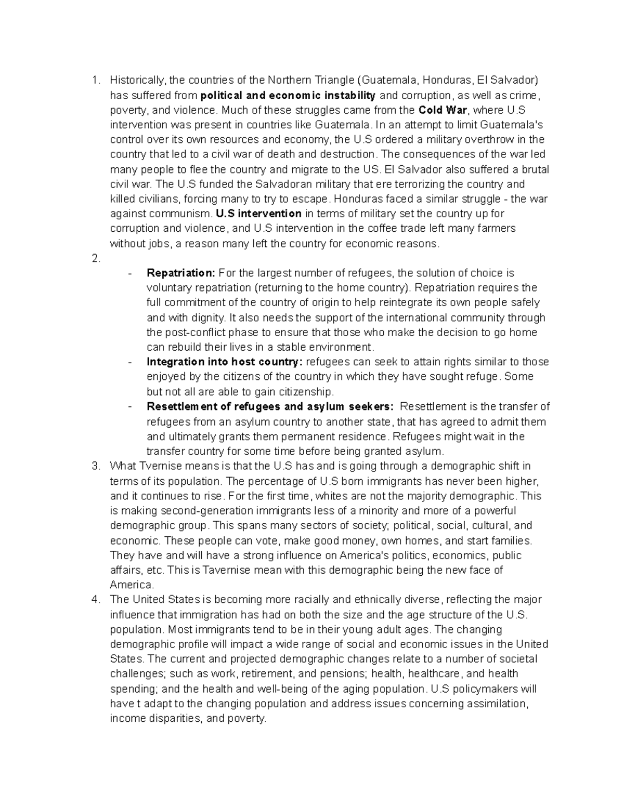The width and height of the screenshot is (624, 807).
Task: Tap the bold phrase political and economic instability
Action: pyautogui.click(x=288, y=95)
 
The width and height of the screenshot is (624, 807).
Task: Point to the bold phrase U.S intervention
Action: pyautogui.click(x=258, y=214)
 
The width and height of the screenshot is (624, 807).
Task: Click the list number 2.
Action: pyautogui.click(x=95, y=258)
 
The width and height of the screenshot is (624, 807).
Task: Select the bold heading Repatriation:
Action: pyautogui.click(x=180, y=273)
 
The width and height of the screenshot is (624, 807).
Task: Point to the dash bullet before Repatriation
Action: pyautogui.click(x=130, y=273)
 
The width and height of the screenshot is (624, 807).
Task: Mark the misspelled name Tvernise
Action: pyautogui.click(x=155, y=466)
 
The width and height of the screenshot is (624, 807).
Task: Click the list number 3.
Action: pyautogui.click(x=95, y=466)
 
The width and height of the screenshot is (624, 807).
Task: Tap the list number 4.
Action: pyautogui.click(x=95, y=600)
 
